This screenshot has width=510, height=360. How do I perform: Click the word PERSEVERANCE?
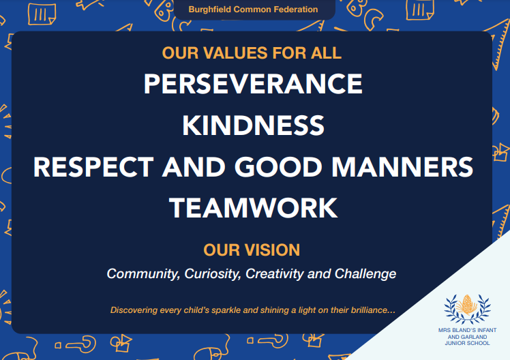click(253, 84)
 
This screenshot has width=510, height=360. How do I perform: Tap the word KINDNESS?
click(253, 125)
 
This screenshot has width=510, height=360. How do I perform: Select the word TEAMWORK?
click(253, 208)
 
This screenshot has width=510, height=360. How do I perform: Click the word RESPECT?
click(93, 167)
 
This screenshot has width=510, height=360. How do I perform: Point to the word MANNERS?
click(402, 167)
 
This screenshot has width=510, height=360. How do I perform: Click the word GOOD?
click(278, 167)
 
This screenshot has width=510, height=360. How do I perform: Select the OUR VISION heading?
click(252, 250)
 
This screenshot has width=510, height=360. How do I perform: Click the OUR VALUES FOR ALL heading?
click(252, 53)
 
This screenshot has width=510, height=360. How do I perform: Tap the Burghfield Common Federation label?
click(253, 10)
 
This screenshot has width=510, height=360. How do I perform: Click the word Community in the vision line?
click(143, 274)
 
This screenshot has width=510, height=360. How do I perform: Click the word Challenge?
click(365, 274)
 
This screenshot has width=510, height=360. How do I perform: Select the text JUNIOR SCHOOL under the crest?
click(468, 343)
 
